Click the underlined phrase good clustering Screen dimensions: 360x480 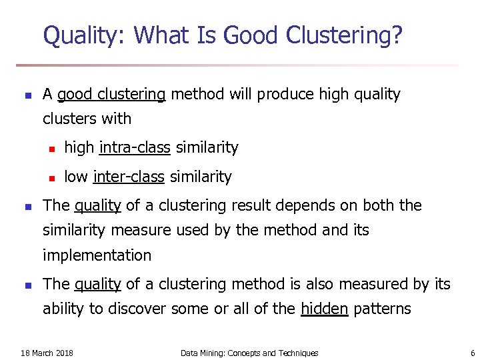(x=111, y=95)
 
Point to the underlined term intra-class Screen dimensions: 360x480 (x=135, y=147)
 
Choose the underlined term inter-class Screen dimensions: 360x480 (x=129, y=177)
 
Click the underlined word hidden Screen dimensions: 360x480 (x=325, y=309)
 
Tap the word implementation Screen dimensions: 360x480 (x=97, y=255)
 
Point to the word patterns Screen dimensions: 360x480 (x=382, y=309)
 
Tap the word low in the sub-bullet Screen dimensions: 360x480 (x=75, y=177)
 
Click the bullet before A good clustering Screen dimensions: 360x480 (x=27, y=96)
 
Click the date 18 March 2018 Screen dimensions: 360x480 (x=47, y=353)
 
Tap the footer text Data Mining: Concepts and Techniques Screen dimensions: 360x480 (x=249, y=353)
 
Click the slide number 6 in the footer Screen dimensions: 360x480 (x=472, y=353)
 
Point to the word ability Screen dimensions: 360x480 (x=64, y=309)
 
